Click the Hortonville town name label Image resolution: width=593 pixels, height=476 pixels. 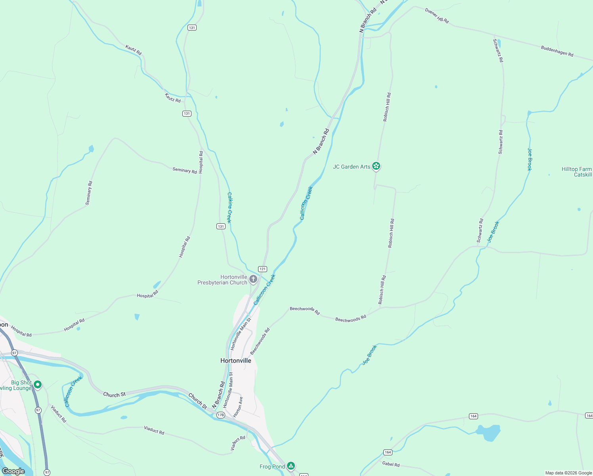(x=235, y=361)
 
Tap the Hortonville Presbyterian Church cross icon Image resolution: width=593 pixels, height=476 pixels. (x=253, y=280)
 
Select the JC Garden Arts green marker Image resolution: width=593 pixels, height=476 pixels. (x=376, y=167)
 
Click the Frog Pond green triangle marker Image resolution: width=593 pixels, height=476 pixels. (x=291, y=466)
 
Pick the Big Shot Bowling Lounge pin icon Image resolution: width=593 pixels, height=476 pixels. (x=38, y=384)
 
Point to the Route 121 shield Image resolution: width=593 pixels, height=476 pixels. (x=262, y=269)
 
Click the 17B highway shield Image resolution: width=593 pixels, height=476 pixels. (x=221, y=415)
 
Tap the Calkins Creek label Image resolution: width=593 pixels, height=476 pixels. (x=229, y=207)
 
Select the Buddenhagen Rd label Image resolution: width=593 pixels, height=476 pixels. (x=557, y=51)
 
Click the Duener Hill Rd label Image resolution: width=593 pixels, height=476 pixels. (x=437, y=15)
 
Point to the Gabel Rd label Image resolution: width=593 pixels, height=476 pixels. (x=391, y=464)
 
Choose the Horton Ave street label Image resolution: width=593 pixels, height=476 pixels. (x=238, y=407)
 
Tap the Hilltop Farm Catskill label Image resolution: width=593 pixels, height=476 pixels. (x=576, y=172)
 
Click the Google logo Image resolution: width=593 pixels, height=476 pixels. (x=13, y=471)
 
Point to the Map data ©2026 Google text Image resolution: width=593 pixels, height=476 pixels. (x=568, y=473)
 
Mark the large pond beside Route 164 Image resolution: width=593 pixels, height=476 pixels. (x=488, y=432)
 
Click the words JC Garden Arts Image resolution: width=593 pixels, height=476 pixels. (x=351, y=167)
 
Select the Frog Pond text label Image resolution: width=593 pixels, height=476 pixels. (x=272, y=466)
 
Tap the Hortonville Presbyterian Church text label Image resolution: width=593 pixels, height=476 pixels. (x=223, y=280)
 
